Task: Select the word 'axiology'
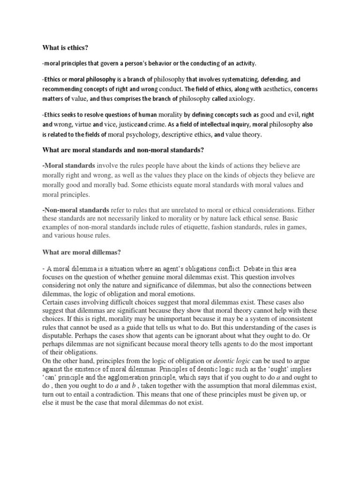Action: tap(242, 99)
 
